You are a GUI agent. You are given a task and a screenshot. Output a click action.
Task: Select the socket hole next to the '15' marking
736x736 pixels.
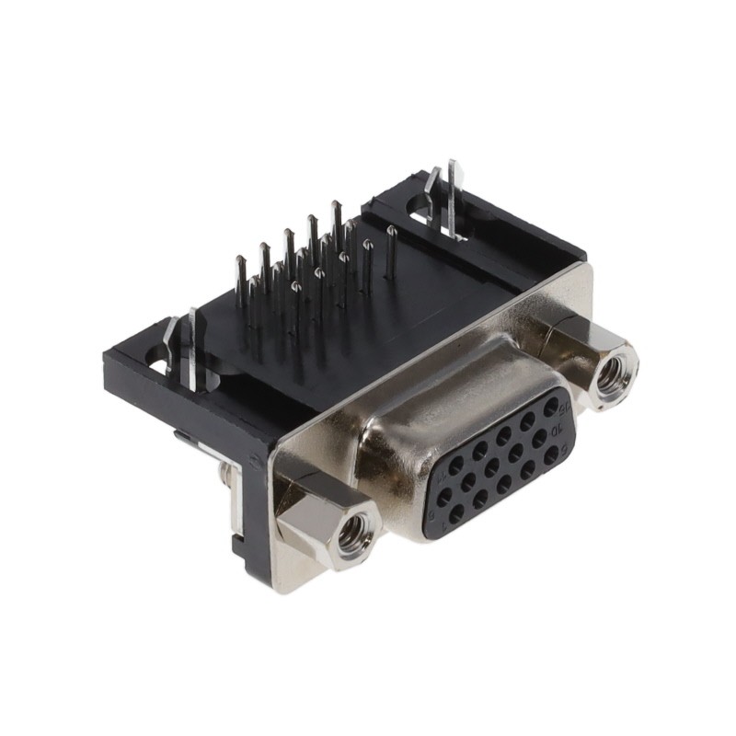point(550,406)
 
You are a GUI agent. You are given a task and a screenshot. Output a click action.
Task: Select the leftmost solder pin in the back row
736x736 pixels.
point(240,281)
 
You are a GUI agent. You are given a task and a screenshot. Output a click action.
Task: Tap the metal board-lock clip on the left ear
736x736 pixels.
point(192,348)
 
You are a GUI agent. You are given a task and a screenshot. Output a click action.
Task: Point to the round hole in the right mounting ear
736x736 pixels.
point(419,219)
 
